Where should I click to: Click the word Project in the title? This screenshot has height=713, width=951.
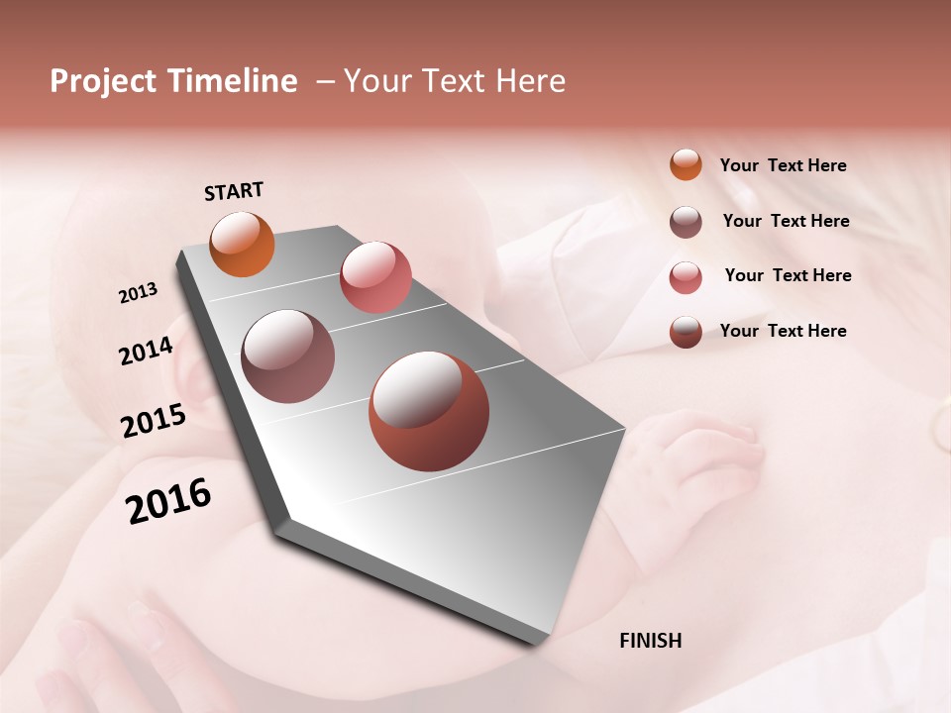point(103,81)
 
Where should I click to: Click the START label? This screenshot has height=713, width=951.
point(234,191)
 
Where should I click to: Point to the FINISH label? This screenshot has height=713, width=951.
point(651,641)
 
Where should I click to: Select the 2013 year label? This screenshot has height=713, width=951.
point(139,293)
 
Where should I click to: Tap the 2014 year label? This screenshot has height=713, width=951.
point(146,352)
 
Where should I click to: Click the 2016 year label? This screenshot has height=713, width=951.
point(168,501)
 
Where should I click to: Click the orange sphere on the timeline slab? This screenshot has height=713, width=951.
point(243,244)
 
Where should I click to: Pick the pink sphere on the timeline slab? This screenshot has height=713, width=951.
point(375,276)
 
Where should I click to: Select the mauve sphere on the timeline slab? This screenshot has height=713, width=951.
point(288,356)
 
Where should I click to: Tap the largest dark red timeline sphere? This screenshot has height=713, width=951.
point(429,411)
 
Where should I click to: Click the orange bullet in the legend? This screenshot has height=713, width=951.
point(686,164)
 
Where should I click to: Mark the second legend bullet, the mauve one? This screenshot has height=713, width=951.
point(686,222)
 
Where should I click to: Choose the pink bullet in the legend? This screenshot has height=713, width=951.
point(686,277)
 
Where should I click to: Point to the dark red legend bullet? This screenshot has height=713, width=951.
point(686,332)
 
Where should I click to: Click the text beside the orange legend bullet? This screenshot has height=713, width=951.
point(783,166)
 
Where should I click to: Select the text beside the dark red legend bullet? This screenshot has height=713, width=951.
point(783,331)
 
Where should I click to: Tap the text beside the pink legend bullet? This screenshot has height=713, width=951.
point(788,275)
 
